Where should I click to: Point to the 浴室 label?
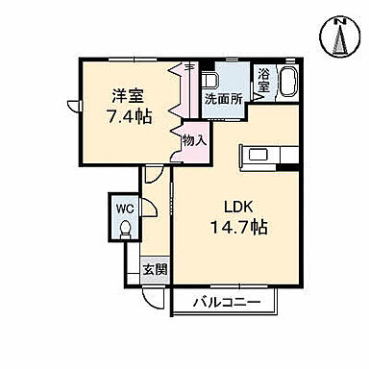(263, 78)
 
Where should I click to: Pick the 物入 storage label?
(194, 139)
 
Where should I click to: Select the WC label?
(124, 208)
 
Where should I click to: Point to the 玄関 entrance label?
(154, 269)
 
